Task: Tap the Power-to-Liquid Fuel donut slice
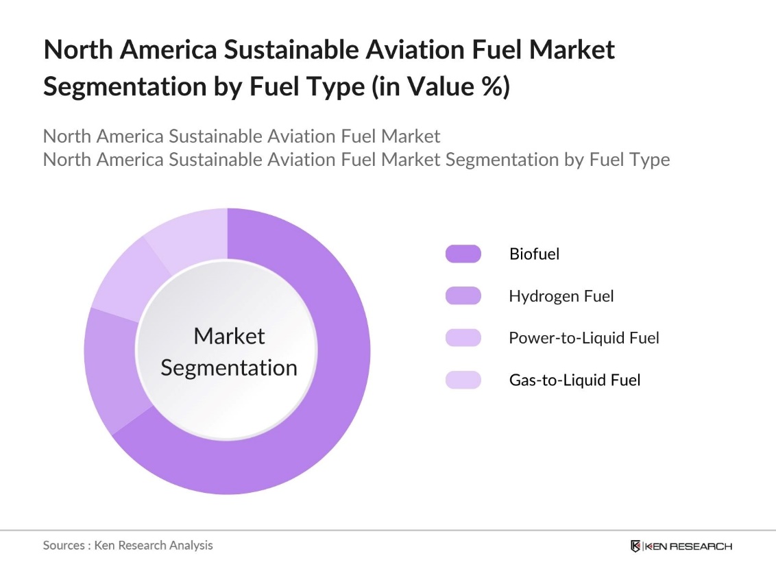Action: pos(127,281)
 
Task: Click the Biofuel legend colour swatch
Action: pos(463,254)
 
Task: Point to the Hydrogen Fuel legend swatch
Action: pos(463,296)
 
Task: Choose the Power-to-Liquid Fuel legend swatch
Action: pos(463,338)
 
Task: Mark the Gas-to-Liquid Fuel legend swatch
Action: pos(463,380)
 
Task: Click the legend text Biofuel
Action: pos(534,254)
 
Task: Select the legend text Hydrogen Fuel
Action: pos(561,296)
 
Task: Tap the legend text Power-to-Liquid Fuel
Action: pos(583,338)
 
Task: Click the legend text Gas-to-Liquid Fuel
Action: pos(574,380)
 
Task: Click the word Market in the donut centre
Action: pos(229,336)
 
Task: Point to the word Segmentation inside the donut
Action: pos(229,368)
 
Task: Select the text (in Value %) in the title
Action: pos(440,87)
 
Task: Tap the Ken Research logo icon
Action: pos(635,546)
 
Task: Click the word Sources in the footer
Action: pos(64,546)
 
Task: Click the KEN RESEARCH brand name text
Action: pos(688,546)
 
